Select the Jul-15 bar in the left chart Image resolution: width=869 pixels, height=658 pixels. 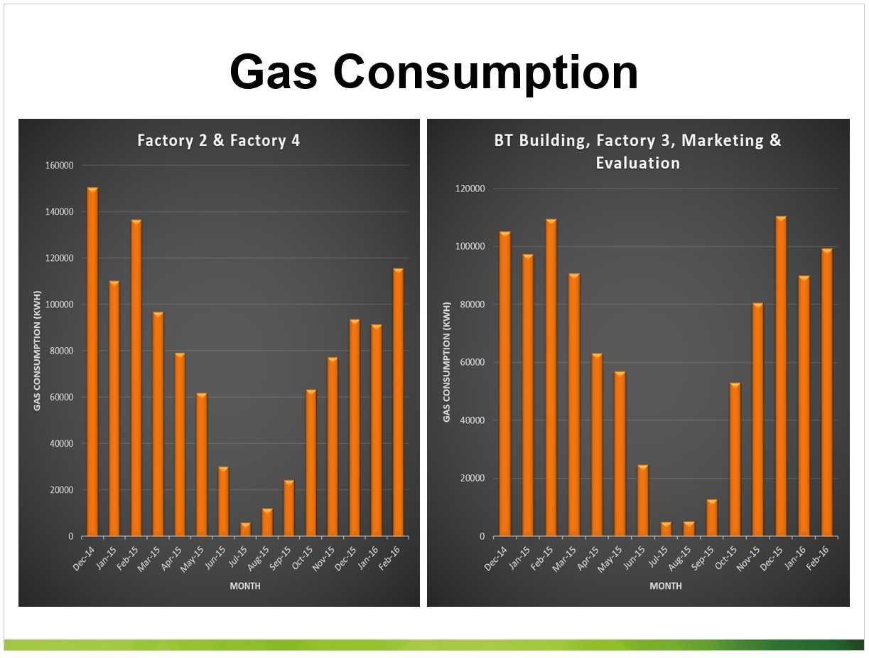245,529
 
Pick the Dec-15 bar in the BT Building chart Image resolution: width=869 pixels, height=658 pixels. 781,376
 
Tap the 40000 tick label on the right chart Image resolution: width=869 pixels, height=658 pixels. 470,420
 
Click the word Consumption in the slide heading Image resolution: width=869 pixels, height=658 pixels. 487,73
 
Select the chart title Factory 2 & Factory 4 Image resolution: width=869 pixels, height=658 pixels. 219,140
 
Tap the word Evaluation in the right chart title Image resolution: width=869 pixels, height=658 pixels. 637,163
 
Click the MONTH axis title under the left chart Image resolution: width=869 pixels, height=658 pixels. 245,586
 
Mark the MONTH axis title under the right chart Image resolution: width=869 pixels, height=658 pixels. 666,586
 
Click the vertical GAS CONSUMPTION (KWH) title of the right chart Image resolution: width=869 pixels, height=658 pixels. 447,362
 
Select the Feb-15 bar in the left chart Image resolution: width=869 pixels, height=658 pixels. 136,378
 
